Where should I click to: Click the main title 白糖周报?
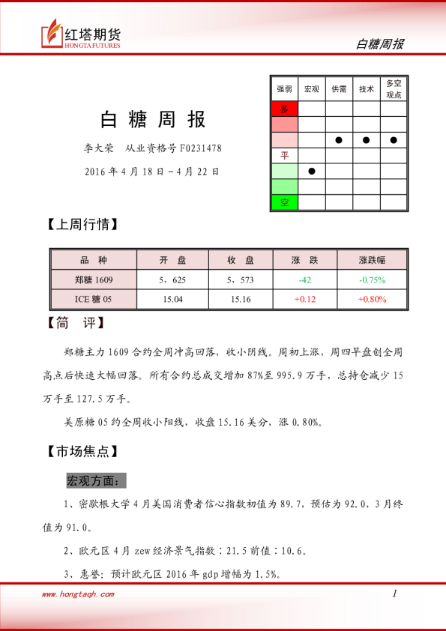coord(153,119)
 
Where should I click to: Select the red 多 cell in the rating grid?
coord(284,109)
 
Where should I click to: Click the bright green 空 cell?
coord(284,202)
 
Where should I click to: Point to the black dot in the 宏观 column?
coord(312,171)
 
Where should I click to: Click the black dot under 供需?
coord(339,140)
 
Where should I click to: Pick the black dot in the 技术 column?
coord(366,140)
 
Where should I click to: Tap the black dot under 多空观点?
coord(394,140)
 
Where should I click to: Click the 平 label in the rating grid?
coord(284,155)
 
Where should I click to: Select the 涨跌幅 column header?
coord(372,260)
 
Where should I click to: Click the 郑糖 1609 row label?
coord(94,280)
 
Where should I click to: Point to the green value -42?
coord(305,280)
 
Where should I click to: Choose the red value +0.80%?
coord(372,299)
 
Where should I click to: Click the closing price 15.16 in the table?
coord(241,299)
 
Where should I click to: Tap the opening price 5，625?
coord(172,280)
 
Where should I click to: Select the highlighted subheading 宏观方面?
coord(97,480)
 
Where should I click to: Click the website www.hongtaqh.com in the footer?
coord(78,594)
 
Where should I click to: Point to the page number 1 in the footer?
coord(394,594)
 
